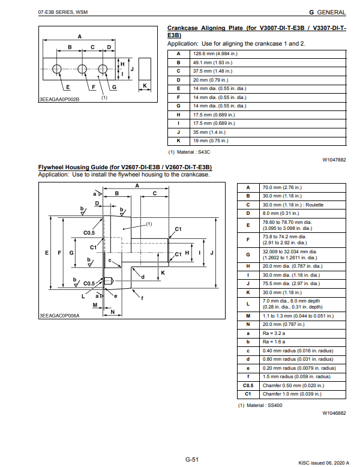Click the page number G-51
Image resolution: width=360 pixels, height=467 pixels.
click(192, 459)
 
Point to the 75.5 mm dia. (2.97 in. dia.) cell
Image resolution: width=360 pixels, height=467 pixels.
click(292, 283)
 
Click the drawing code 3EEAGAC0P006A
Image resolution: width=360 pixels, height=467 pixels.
click(59, 315)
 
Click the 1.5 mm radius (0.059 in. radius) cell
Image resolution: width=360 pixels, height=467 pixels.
click(298, 376)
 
